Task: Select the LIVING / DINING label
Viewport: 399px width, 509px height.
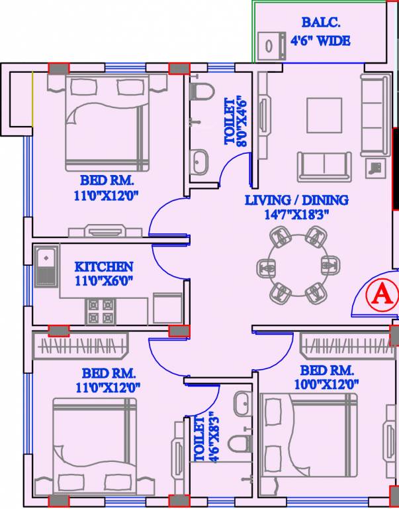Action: (x=296, y=199)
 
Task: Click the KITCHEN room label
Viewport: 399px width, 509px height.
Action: (x=104, y=266)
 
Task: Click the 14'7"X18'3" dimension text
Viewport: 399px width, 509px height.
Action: (x=297, y=213)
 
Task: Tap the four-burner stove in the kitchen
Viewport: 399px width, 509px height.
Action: (x=100, y=311)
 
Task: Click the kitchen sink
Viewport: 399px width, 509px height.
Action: (x=46, y=266)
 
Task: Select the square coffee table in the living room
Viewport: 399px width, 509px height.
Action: (x=324, y=115)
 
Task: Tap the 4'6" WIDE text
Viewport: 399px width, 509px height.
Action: (x=321, y=41)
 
